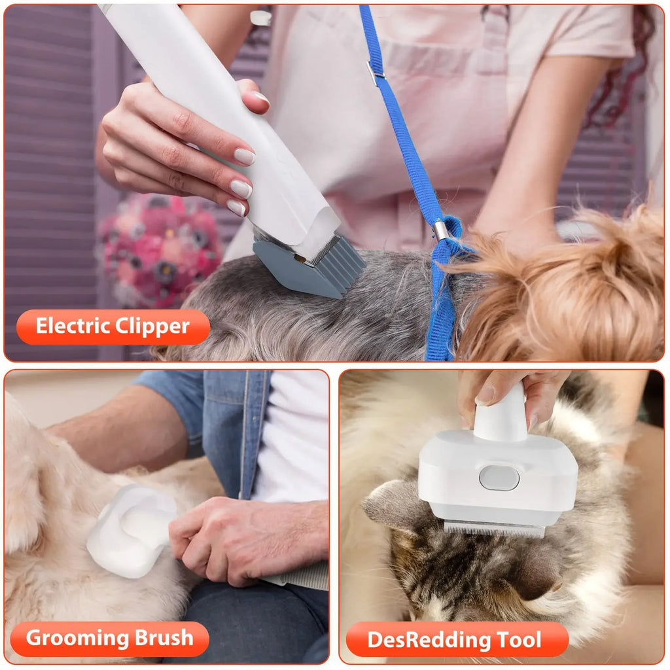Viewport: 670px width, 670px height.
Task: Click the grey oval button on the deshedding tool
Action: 499,478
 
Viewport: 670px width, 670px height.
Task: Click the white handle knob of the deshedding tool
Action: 501,416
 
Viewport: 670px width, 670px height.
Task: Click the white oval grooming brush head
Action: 131,530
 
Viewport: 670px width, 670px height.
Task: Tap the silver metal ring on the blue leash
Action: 442,230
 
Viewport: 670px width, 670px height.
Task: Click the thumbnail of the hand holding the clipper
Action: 260,97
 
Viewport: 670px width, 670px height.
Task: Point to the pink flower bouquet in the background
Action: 160,249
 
